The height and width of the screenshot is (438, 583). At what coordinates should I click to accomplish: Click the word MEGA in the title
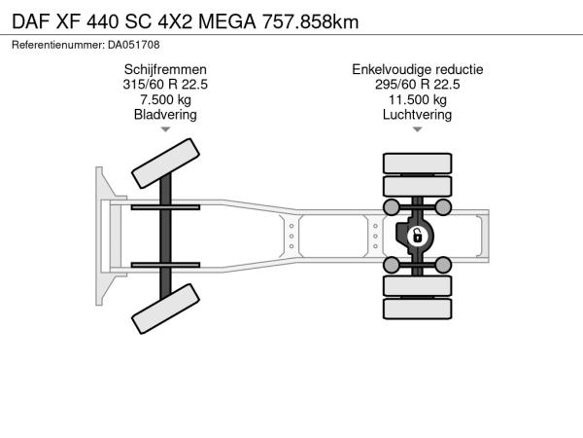227,21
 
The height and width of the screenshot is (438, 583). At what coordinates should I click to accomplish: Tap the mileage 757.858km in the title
311,21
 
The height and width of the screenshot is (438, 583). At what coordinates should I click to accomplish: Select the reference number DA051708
134,45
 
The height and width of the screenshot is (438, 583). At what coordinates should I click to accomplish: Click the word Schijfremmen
165,70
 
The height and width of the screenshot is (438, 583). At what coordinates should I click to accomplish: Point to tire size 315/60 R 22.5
165,85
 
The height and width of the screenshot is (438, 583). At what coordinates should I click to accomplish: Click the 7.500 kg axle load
165,100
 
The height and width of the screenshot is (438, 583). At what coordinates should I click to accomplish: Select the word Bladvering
165,115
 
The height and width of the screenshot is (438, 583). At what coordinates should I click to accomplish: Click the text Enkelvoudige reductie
418,70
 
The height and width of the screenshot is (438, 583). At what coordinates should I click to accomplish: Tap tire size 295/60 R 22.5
418,85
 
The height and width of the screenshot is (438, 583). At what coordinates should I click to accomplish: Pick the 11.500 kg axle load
418,100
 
